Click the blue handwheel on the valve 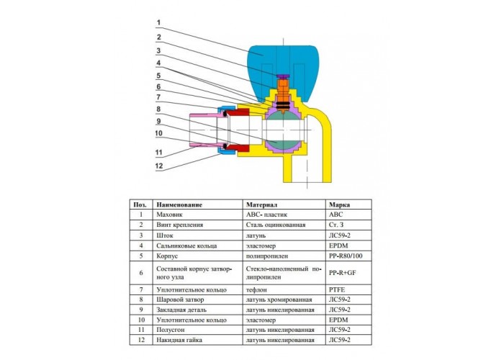pyautogui.click(x=257, y=64)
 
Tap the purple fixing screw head pyautogui.click(x=283, y=76)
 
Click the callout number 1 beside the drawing pyautogui.click(x=158, y=23)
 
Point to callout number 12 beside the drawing pyautogui.click(x=159, y=166)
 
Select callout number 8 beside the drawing pyautogui.click(x=158, y=109)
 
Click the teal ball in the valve pyautogui.click(x=283, y=130)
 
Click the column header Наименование pyautogui.click(x=179, y=204)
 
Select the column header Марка pyautogui.click(x=339, y=204)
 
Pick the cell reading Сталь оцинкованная pyautogui.click(x=276, y=225)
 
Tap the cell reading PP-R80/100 pyautogui.click(x=346, y=256)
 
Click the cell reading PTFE pyautogui.click(x=337, y=290)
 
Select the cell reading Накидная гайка pyautogui.click(x=179, y=340)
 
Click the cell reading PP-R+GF pyautogui.click(x=342, y=273)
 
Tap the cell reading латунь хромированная pyautogui.click(x=279, y=300)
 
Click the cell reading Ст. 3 pyautogui.click(x=336, y=225)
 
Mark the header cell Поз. pyautogui.click(x=140, y=204)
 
